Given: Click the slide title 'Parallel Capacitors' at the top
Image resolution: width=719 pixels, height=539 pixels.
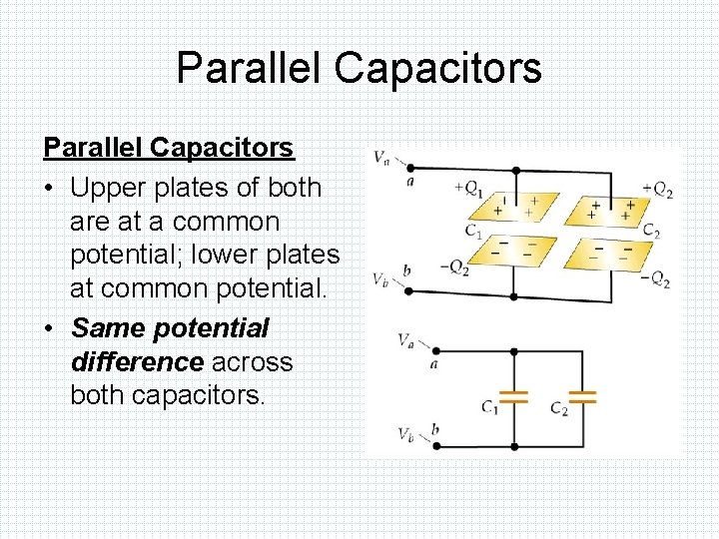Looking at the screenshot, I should [359, 68].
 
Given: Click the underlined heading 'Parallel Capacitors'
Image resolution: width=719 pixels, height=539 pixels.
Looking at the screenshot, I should [168, 148].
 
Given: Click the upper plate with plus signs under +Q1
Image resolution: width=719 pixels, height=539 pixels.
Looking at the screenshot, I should [515, 209].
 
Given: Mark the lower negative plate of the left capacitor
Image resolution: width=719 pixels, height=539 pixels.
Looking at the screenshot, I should [515, 250].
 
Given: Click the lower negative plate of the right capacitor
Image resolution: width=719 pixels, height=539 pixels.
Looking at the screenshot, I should [610, 250].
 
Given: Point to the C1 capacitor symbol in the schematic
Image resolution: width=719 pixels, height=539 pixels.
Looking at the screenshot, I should [513, 396].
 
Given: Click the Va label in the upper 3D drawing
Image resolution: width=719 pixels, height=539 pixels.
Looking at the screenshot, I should [381, 157].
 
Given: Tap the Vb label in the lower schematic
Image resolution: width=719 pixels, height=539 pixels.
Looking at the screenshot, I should [405, 433].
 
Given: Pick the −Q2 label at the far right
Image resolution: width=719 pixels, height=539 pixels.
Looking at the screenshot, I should [655, 280].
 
